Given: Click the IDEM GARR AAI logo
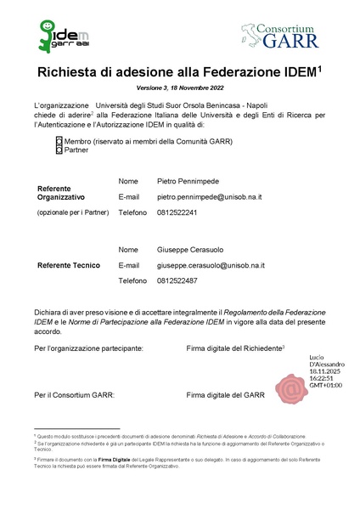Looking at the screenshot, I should pyautogui.click(x=60, y=35).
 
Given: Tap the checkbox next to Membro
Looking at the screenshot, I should pyautogui.click(x=59, y=140).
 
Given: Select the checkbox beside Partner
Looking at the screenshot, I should pyautogui.click(x=59, y=150).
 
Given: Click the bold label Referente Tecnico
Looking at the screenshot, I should pyautogui.click(x=69, y=265).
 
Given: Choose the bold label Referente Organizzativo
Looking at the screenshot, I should pyautogui.click(x=66, y=193).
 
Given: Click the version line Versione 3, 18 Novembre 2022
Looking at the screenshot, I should pyautogui.click(x=179, y=88).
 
